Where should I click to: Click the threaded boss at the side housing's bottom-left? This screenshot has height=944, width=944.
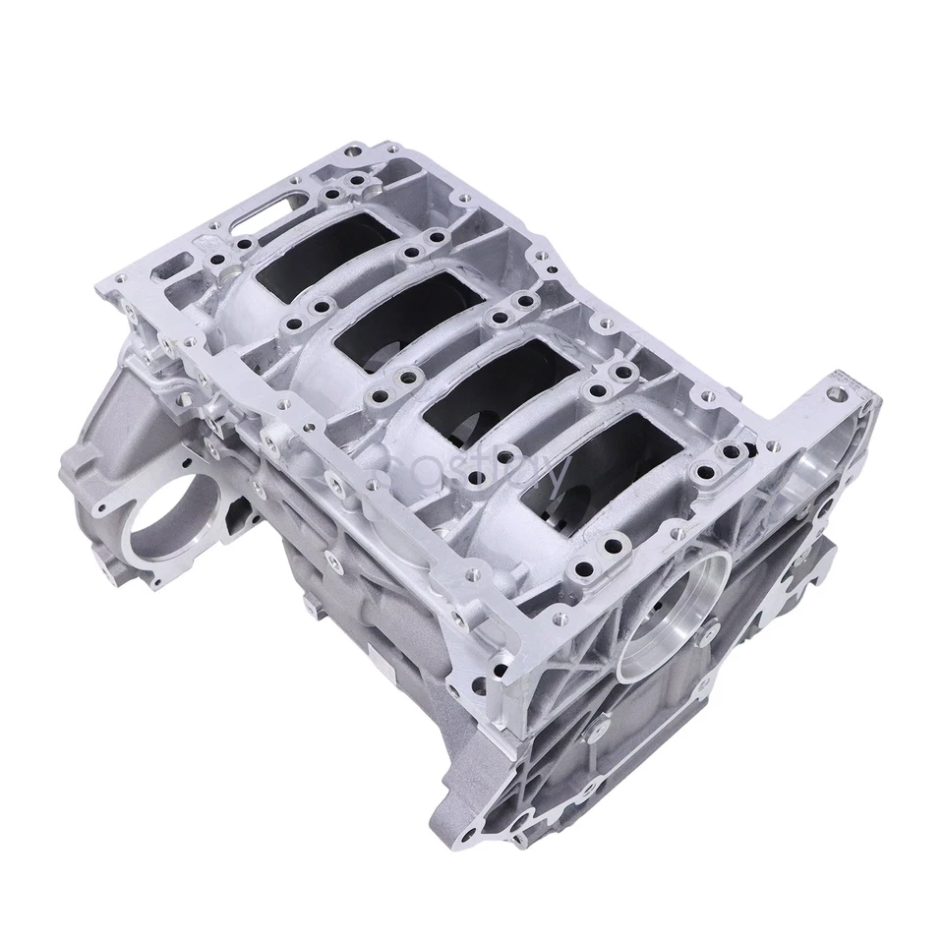point(105,567)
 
